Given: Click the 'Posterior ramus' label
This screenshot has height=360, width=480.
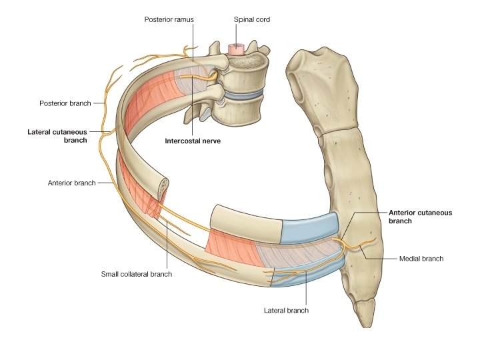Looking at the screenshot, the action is [169, 19].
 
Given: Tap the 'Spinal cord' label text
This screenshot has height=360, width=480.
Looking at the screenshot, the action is [251, 19].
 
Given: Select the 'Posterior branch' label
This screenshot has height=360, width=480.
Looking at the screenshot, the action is [65, 103].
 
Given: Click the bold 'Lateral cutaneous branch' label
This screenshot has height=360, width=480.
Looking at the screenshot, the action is [57, 136].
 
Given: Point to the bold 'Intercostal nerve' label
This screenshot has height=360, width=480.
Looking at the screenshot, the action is [193, 141].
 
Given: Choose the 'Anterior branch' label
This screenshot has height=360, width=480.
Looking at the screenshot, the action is [71, 183].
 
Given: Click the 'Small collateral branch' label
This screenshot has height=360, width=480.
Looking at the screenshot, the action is [137, 274].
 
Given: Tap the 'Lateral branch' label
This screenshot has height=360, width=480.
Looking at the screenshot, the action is [286, 311].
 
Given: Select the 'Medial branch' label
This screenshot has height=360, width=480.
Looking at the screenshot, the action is [421, 259].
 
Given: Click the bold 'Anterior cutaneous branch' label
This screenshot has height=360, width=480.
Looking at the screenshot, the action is [420, 217].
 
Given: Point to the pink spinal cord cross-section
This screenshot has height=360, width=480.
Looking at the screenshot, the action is [236, 49].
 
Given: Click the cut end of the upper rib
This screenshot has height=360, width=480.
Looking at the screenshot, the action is [163, 190].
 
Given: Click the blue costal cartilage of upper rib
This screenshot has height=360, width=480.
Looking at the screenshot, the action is [310, 228].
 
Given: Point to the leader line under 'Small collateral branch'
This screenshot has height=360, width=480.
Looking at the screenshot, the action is [167, 245].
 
